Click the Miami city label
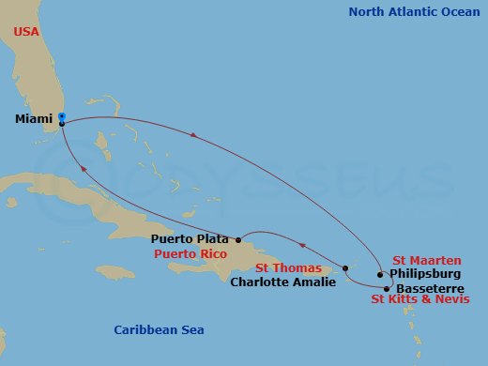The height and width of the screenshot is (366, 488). (x=34, y=120)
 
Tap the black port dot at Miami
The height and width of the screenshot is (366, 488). (x=61, y=123)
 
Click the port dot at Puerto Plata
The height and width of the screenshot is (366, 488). (x=239, y=237)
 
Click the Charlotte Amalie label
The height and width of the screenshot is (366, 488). (x=282, y=280)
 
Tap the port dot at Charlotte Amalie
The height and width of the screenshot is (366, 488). (x=345, y=267)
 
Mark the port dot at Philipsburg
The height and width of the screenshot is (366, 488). (x=380, y=275)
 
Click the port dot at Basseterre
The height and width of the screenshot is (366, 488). (x=386, y=288)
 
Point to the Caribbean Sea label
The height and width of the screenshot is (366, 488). (x=159, y=329)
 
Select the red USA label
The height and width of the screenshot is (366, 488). (x=26, y=32)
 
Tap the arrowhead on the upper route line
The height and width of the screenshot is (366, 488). (x=192, y=136)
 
